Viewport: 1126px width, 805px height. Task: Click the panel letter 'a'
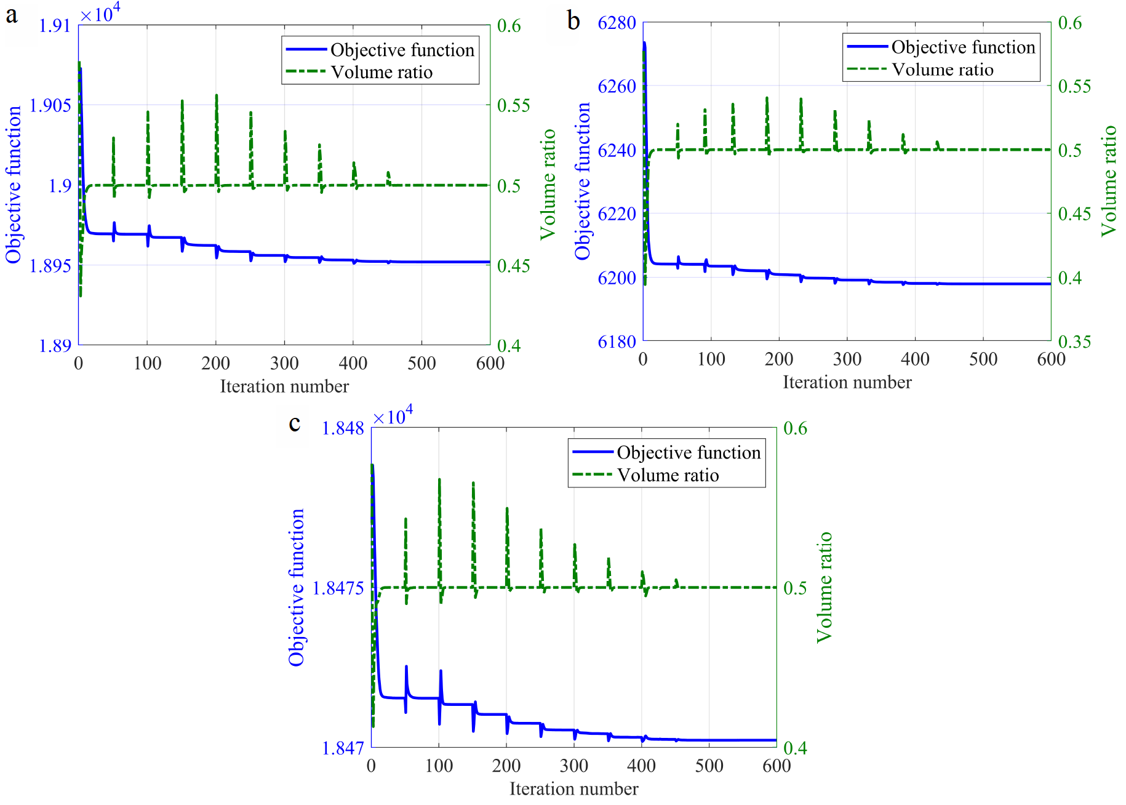coord(11,15)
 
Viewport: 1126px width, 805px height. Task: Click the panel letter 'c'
coord(295,423)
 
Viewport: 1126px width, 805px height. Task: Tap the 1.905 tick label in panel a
coord(51,105)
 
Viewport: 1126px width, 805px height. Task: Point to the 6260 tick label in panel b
coord(617,86)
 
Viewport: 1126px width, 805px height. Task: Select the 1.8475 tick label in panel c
coord(338,588)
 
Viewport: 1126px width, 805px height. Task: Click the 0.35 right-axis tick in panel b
coord(1074,342)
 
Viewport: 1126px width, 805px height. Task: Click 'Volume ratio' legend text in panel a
coord(381,73)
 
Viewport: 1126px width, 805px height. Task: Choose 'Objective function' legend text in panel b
coord(963,47)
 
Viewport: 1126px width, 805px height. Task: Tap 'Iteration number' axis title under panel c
coord(573,788)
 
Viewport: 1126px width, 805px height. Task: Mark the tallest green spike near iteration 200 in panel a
coord(217,96)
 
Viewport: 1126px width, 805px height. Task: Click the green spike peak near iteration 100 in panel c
coord(439,480)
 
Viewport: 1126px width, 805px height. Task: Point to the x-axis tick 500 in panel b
coord(983,359)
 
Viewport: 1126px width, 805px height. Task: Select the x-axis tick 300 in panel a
coord(284,363)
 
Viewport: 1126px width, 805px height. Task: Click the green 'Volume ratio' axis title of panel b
coord(1108,180)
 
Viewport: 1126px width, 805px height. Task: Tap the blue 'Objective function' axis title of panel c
coord(297,587)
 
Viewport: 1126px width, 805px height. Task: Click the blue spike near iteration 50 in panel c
coord(406,667)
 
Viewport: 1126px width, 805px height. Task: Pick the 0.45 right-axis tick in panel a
coord(513,266)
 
